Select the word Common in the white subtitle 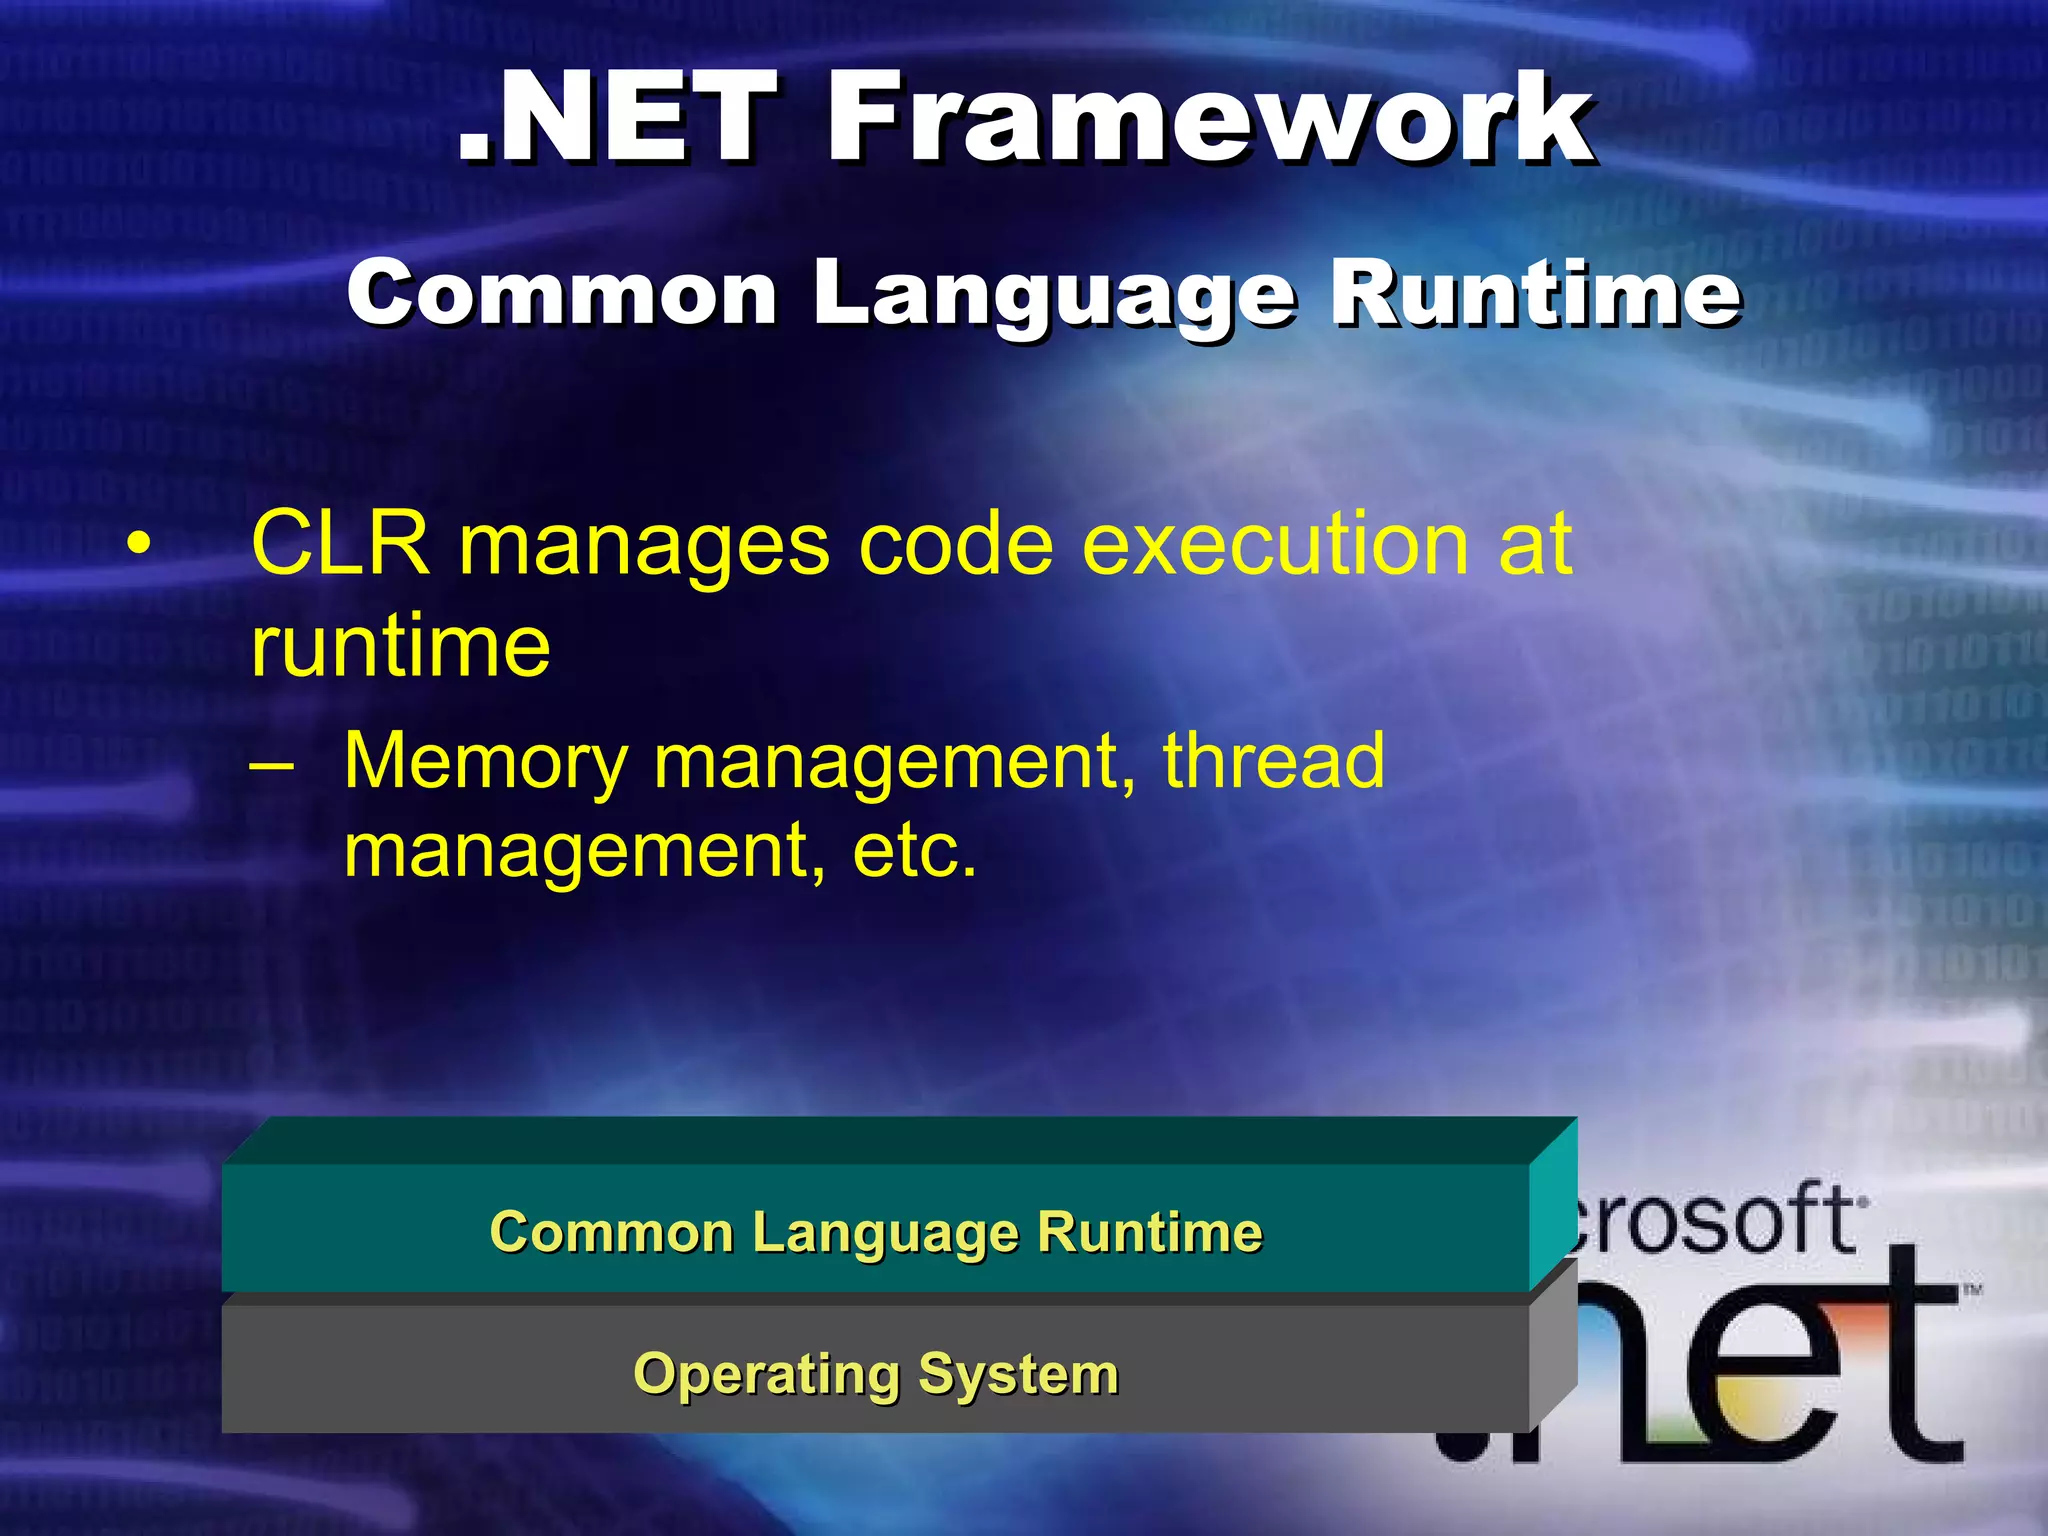coord(562,295)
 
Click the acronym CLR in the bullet coord(340,545)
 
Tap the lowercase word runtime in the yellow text coord(400,648)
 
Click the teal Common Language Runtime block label coord(875,1232)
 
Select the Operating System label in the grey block coord(875,1374)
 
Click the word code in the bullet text coord(955,545)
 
